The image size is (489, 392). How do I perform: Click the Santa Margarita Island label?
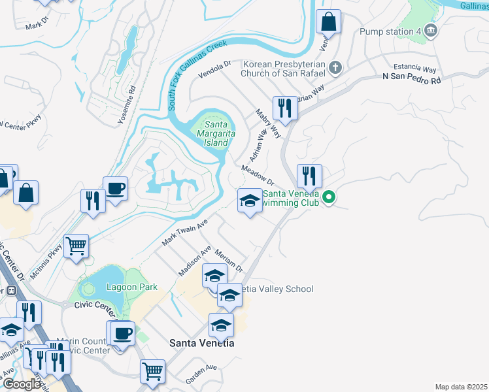tap(216, 133)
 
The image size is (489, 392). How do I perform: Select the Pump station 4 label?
tap(390, 31)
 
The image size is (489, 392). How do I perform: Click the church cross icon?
tap(335, 67)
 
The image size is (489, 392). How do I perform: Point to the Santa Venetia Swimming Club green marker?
tap(330, 196)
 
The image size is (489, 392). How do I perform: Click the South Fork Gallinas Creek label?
tap(197, 74)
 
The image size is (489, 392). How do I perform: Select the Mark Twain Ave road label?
tap(184, 233)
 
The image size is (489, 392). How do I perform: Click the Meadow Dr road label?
tap(256, 175)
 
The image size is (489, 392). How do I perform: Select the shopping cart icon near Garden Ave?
tap(152, 371)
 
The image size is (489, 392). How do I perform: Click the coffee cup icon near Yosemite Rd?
tap(116, 189)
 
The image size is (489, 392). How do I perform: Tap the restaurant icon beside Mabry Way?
tap(284, 108)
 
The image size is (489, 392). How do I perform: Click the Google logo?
tap(21, 385)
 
